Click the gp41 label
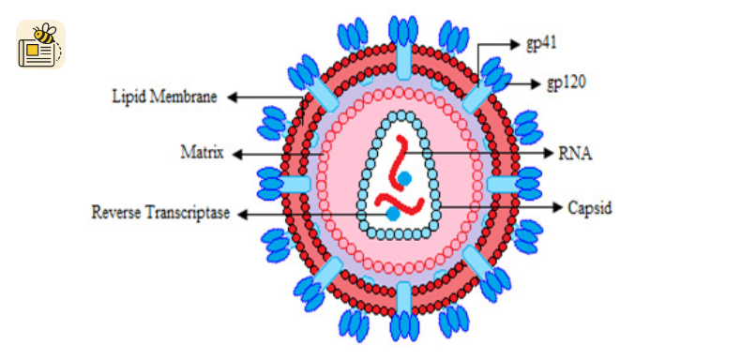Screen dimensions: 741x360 click(x=541, y=44)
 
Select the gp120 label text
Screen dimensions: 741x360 click(x=567, y=83)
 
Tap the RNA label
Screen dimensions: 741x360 click(x=575, y=153)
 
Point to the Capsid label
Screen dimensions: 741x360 click(x=589, y=207)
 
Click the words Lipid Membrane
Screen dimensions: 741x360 click(x=164, y=97)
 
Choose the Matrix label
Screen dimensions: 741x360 click(x=202, y=153)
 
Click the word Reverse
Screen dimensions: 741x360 click(x=115, y=213)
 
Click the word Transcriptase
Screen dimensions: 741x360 click(x=188, y=213)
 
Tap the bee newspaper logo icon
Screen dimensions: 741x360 click(x=40, y=45)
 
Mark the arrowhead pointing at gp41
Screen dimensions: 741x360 click(x=515, y=44)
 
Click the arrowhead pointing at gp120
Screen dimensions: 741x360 click(x=535, y=84)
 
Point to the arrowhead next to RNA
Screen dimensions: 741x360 click(x=548, y=153)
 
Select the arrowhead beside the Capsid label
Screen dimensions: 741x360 click(x=557, y=207)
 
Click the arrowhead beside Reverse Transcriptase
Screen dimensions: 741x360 click(x=243, y=215)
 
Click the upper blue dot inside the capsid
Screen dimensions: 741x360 click(x=403, y=178)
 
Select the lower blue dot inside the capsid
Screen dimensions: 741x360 click(x=393, y=214)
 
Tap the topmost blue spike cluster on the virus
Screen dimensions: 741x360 click(x=403, y=31)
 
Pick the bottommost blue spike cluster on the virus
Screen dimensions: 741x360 click(x=403, y=326)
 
